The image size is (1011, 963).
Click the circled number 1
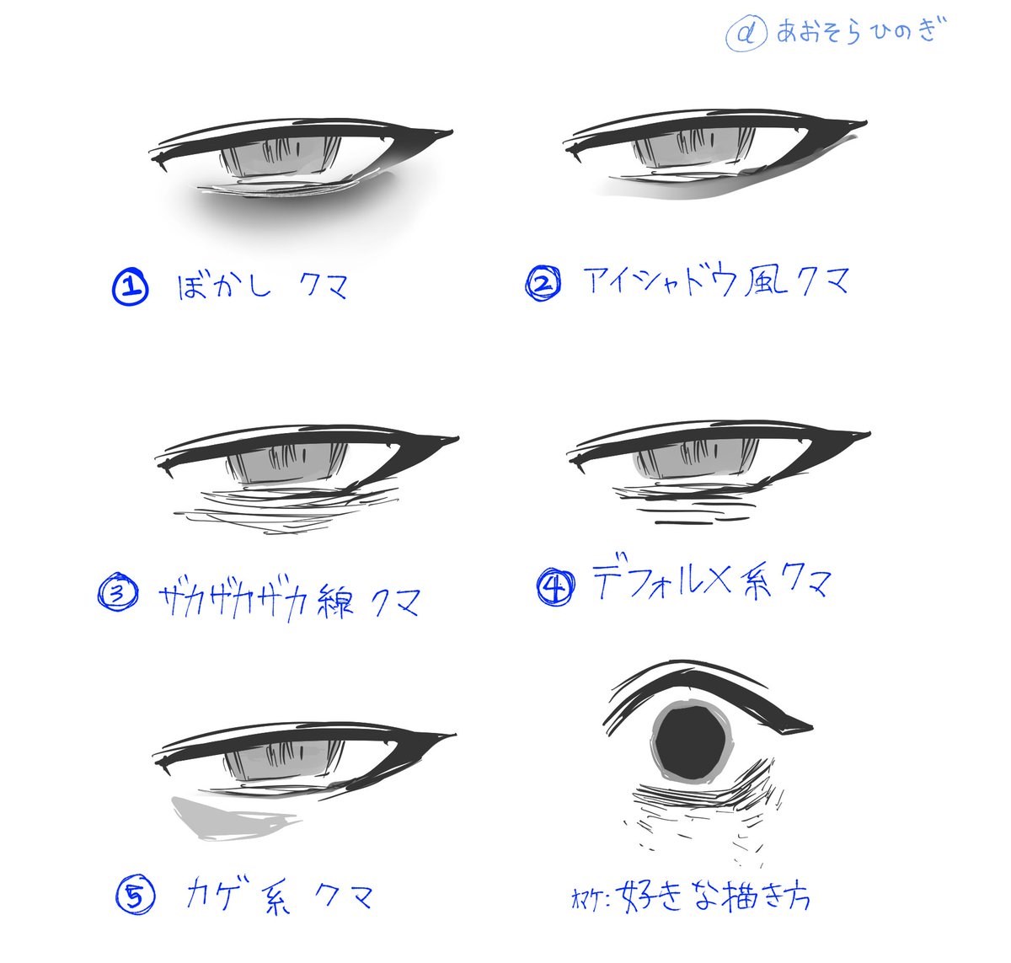[x=130, y=287]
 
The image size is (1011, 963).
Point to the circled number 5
[x=136, y=895]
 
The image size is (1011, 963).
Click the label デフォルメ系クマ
[x=712, y=581]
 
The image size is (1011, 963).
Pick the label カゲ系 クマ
[x=279, y=896]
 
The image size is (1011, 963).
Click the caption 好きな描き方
[x=713, y=896]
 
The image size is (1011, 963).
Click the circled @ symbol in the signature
[x=745, y=35]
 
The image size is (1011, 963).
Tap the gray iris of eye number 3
[x=286, y=464]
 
